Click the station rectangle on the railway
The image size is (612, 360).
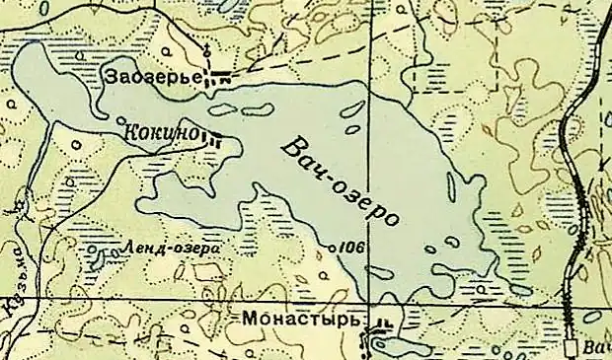[x=572, y=347]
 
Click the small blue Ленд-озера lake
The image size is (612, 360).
[x=96, y=257]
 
